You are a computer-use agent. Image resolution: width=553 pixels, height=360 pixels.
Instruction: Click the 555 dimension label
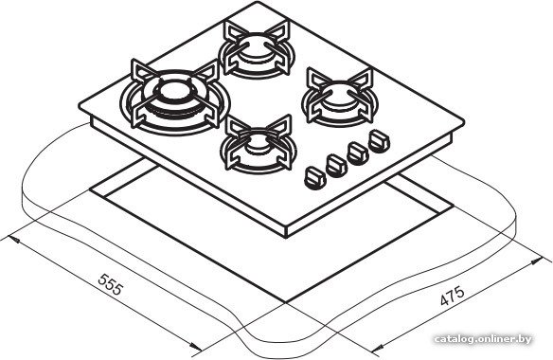(x=111, y=284)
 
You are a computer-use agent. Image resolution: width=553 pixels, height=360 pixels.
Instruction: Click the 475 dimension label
(x=453, y=296)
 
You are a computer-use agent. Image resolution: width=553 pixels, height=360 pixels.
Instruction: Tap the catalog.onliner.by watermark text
(x=483, y=339)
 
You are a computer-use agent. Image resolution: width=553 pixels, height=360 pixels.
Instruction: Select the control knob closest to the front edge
(x=314, y=177)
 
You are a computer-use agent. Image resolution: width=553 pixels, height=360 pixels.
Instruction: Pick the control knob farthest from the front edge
(x=379, y=141)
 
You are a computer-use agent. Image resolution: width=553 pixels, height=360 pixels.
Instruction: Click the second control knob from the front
(x=336, y=165)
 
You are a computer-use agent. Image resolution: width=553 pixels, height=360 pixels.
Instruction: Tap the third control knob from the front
(x=358, y=153)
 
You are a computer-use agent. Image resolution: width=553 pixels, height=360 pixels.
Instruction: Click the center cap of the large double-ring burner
(x=174, y=91)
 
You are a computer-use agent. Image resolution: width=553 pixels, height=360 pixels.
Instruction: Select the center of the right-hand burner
(x=339, y=97)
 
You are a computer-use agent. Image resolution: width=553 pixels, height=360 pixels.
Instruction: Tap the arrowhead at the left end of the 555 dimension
(x=13, y=240)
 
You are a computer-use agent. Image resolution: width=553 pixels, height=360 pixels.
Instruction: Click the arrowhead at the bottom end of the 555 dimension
(x=195, y=347)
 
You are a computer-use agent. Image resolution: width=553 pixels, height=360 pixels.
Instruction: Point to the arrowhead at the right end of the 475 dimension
(x=537, y=261)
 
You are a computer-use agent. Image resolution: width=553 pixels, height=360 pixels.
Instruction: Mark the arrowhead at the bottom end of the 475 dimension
(x=377, y=351)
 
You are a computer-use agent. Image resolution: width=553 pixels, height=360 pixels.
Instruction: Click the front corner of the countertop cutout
(x=285, y=302)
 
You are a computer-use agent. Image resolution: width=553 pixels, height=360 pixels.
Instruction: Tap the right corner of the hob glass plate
(x=463, y=122)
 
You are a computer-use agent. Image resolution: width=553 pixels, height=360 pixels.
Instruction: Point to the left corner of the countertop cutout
(x=90, y=190)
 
